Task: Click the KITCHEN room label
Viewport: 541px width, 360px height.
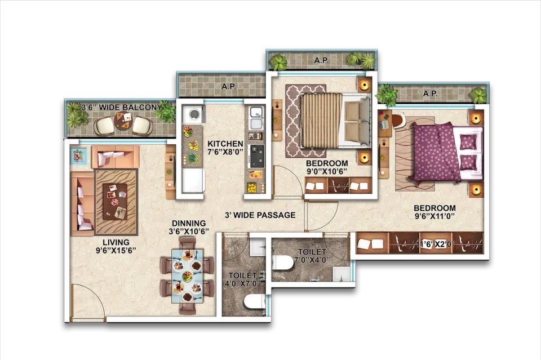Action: pyautogui.click(x=225, y=144)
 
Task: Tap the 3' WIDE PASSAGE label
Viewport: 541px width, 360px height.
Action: pyautogui.click(x=260, y=215)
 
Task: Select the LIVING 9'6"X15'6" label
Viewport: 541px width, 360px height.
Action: pyautogui.click(x=116, y=246)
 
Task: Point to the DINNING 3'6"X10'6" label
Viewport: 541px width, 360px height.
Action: pyautogui.click(x=189, y=227)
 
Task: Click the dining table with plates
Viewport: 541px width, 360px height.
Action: pyautogui.click(x=187, y=276)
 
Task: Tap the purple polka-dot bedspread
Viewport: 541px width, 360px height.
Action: pyautogui.click(x=437, y=152)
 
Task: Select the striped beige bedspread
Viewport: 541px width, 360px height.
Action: pyautogui.click(x=322, y=120)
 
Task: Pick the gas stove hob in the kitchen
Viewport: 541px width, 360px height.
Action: pyautogui.click(x=256, y=156)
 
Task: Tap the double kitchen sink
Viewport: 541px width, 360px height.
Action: pyautogui.click(x=256, y=118)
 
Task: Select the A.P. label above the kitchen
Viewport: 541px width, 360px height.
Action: pyautogui.click(x=229, y=87)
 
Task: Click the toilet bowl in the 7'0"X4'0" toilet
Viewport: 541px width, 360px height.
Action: pyautogui.click(x=282, y=263)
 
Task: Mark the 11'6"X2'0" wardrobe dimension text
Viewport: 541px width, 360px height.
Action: pyautogui.click(x=436, y=244)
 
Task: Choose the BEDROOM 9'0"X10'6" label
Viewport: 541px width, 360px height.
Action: pyautogui.click(x=327, y=167)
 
